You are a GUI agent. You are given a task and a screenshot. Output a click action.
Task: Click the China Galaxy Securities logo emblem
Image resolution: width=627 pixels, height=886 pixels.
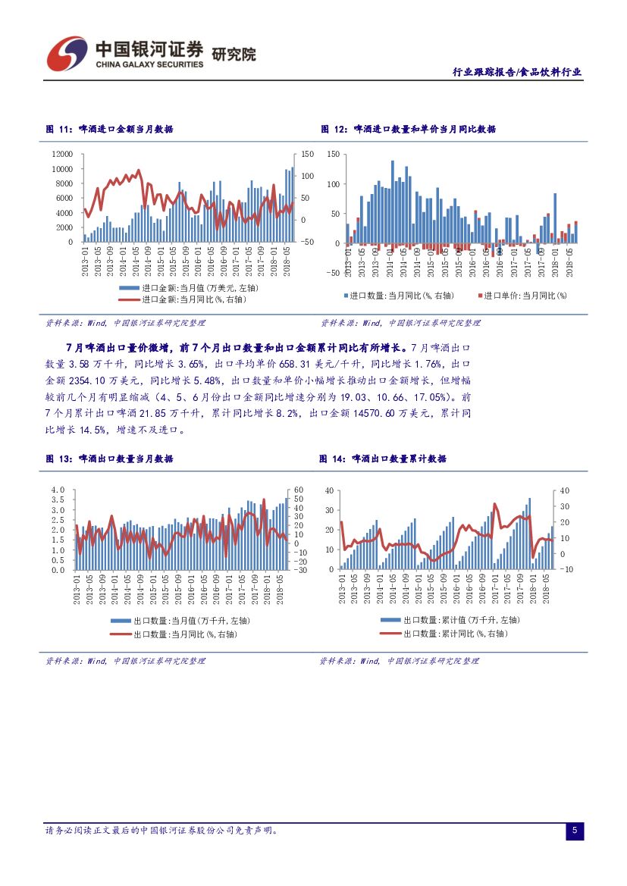[x=67, y=53]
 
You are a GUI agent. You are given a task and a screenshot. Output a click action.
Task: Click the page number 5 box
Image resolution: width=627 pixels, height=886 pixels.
[x=575, y=831]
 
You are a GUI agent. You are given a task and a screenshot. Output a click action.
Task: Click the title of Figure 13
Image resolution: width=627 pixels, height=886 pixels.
[x=109, y=459]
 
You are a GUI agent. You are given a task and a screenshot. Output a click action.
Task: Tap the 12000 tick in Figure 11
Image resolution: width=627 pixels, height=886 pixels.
[x=62, y=154]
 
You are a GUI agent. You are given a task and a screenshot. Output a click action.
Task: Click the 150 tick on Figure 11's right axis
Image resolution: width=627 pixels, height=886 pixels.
[x=306, y=154]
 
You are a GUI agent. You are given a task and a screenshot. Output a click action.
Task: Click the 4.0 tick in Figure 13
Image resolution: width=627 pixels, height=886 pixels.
[x=58, y=490]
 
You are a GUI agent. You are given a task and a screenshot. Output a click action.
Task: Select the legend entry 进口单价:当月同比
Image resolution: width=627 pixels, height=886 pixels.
[x=524, y=295]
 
